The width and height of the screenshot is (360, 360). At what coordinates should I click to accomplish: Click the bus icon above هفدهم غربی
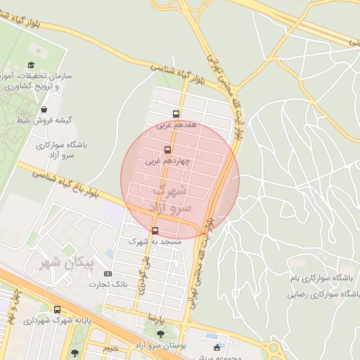click(x=176, y=114)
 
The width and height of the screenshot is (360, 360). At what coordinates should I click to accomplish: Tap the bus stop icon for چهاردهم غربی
click(x=167, y=150)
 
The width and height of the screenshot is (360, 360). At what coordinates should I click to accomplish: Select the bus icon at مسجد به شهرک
click(x=155, y=231)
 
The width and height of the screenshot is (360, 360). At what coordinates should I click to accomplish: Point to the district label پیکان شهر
click(x=60, y=264)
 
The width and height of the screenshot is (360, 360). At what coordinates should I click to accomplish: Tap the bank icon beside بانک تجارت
click(x=108, y=274)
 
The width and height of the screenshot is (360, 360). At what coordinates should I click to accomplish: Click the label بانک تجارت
click(x=104, y=284)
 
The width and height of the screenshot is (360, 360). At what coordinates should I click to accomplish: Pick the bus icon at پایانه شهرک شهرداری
click(x=57, y=309)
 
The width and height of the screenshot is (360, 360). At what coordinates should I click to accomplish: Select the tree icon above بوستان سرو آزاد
click(x=161, y=335)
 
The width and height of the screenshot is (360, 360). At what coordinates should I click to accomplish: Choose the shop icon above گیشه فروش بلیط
click(x=45, y=110)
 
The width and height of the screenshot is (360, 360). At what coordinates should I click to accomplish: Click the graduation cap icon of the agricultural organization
click(x=32, y=65)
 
